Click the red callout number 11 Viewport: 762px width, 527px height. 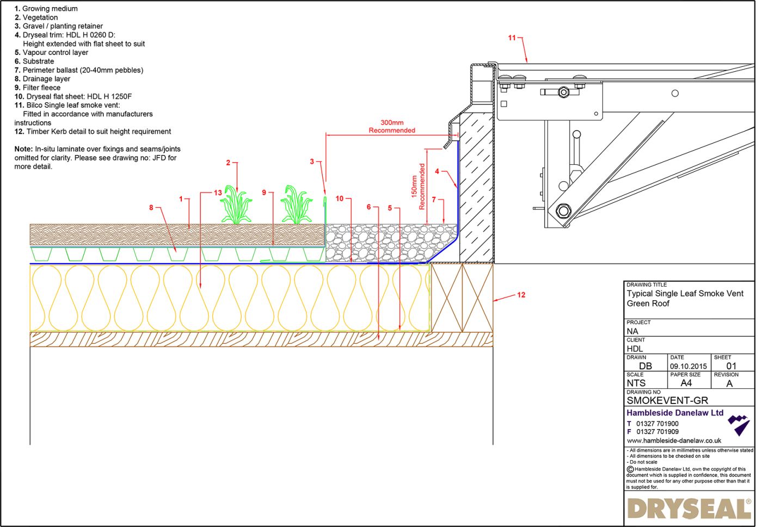[x=512, y=38]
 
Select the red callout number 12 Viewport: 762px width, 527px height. [x=521, y=295]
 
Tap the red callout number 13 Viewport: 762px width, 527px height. [x=218, y=193]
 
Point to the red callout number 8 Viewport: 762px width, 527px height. [x=151, y=207]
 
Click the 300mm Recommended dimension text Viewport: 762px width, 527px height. [x=392, y=127]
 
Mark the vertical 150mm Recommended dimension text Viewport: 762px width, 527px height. [x=418, y=187]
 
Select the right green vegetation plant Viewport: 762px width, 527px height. [x=297, y=205]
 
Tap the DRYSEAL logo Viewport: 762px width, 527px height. [x=689, y=509]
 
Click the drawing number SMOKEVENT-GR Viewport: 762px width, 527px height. [x=667, y=400]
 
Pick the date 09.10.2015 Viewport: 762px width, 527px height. [x=688, y=366]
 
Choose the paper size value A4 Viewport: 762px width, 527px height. [x=686, y=383]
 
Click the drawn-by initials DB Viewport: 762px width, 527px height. [x=646, y=366]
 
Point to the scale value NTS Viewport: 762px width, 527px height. [x=636, y=383]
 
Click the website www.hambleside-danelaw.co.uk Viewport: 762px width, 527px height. [x=674, y=441]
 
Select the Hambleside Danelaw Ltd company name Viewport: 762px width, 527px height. [x=675, y=413]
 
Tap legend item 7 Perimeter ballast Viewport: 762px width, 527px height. [x=79, y=70]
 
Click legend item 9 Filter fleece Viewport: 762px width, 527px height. [x=38, y=88]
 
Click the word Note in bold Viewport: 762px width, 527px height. [x=23, y=149]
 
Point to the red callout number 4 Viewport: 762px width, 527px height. [x=437, y=171]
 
